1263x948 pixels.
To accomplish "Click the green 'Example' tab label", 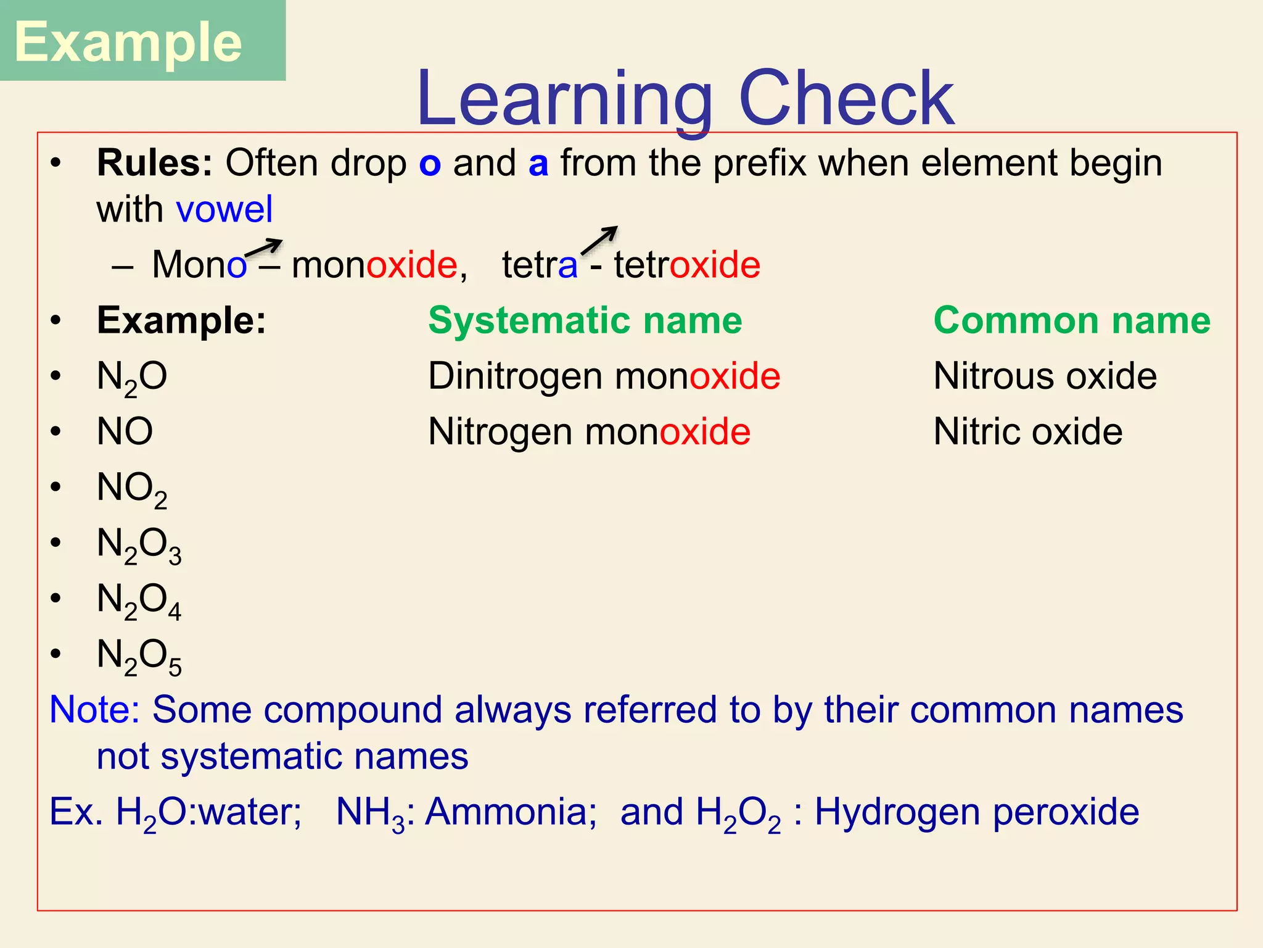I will (128, 42).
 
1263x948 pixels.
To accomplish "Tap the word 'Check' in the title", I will (845, 99).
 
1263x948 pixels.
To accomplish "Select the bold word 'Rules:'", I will (155, 163).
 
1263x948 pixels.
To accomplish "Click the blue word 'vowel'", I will (224, 209).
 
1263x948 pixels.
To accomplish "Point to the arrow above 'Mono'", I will (263, 247).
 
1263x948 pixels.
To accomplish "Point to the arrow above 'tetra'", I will (599, 239).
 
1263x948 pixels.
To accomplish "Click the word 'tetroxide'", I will (687, 265).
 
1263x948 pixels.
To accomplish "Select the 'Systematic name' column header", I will (585, 320).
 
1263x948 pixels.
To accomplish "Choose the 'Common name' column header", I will (1072, 320).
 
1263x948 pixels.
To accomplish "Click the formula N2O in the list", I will (132, 377).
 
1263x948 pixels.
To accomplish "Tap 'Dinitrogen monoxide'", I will (604, 376).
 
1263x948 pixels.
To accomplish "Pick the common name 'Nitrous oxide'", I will (1045, 376).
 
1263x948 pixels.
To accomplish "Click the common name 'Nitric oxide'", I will (1027, 431).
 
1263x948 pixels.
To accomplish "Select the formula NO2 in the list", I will (132, 489).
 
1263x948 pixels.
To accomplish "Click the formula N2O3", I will (139, 545).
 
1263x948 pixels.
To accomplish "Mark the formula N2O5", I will (139, 656).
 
